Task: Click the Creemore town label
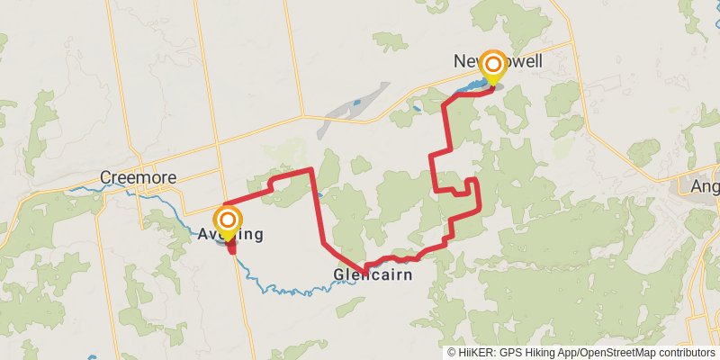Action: click(138, 177)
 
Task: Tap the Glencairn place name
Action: click(373, 274)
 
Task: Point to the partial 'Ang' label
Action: click(703, 186)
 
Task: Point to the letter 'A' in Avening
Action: click(202, 236)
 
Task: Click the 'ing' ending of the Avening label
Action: click(251, 236)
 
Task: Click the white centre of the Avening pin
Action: click(228, 219)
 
